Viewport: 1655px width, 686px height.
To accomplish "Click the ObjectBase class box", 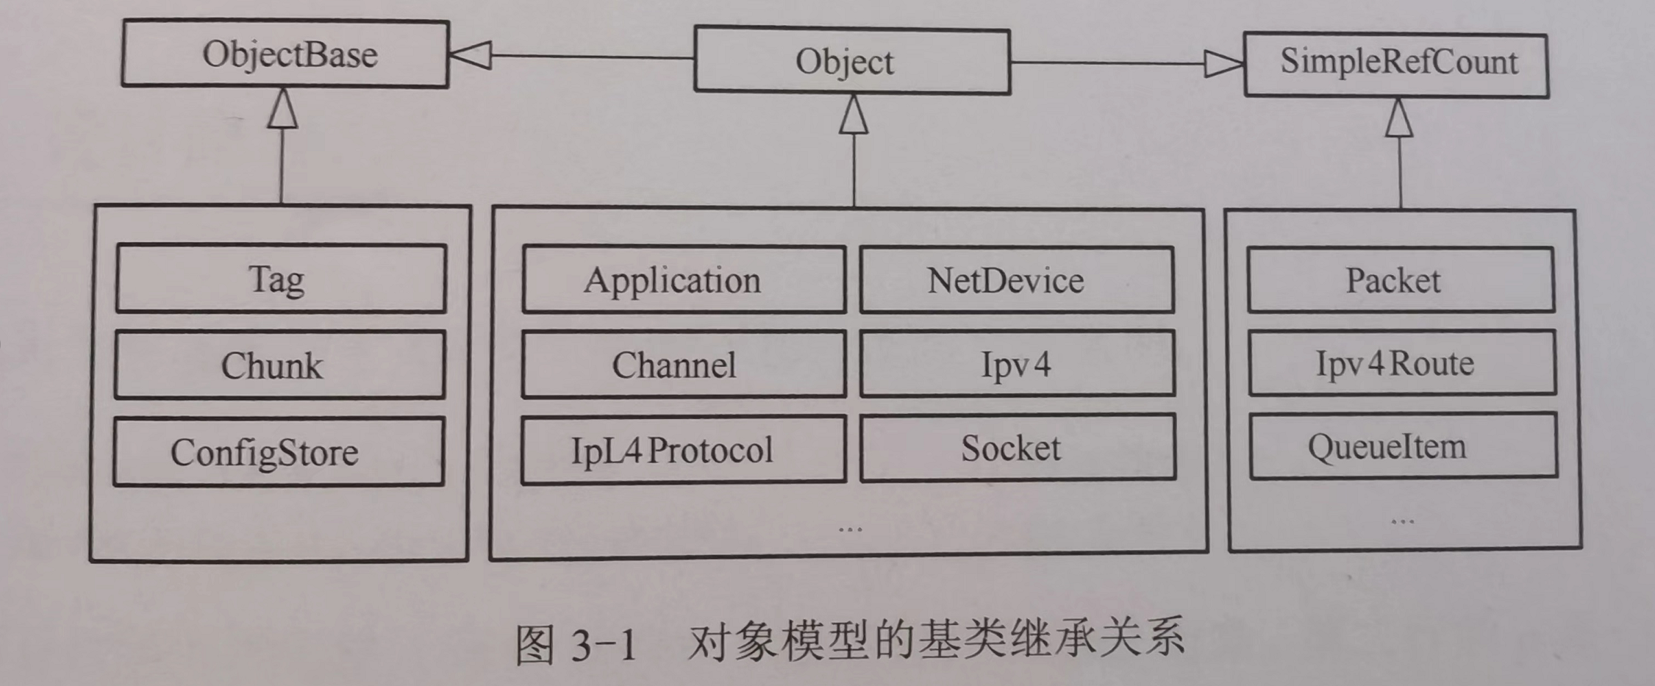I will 285,54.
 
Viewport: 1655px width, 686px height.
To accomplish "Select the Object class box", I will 851,61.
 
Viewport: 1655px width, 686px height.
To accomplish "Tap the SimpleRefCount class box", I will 1395,64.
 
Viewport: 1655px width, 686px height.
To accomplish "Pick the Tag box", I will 281,279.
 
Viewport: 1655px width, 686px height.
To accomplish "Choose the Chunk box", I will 279,365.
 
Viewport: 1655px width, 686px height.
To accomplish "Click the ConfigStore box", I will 279,451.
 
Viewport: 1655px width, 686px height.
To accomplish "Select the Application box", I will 683,279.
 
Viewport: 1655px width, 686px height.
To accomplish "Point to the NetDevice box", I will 1016,279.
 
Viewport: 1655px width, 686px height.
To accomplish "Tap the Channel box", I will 683,365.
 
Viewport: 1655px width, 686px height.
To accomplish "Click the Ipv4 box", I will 1017,364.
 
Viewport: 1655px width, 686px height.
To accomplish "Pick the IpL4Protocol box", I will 683,450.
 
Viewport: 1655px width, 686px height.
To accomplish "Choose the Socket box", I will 1018,448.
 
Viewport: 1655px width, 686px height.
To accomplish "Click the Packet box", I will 1401,279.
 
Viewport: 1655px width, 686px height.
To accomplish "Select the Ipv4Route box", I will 1401,363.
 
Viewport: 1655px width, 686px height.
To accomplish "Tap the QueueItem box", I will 1403,446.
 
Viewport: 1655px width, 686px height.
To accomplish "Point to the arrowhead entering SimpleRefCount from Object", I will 1223,64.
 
